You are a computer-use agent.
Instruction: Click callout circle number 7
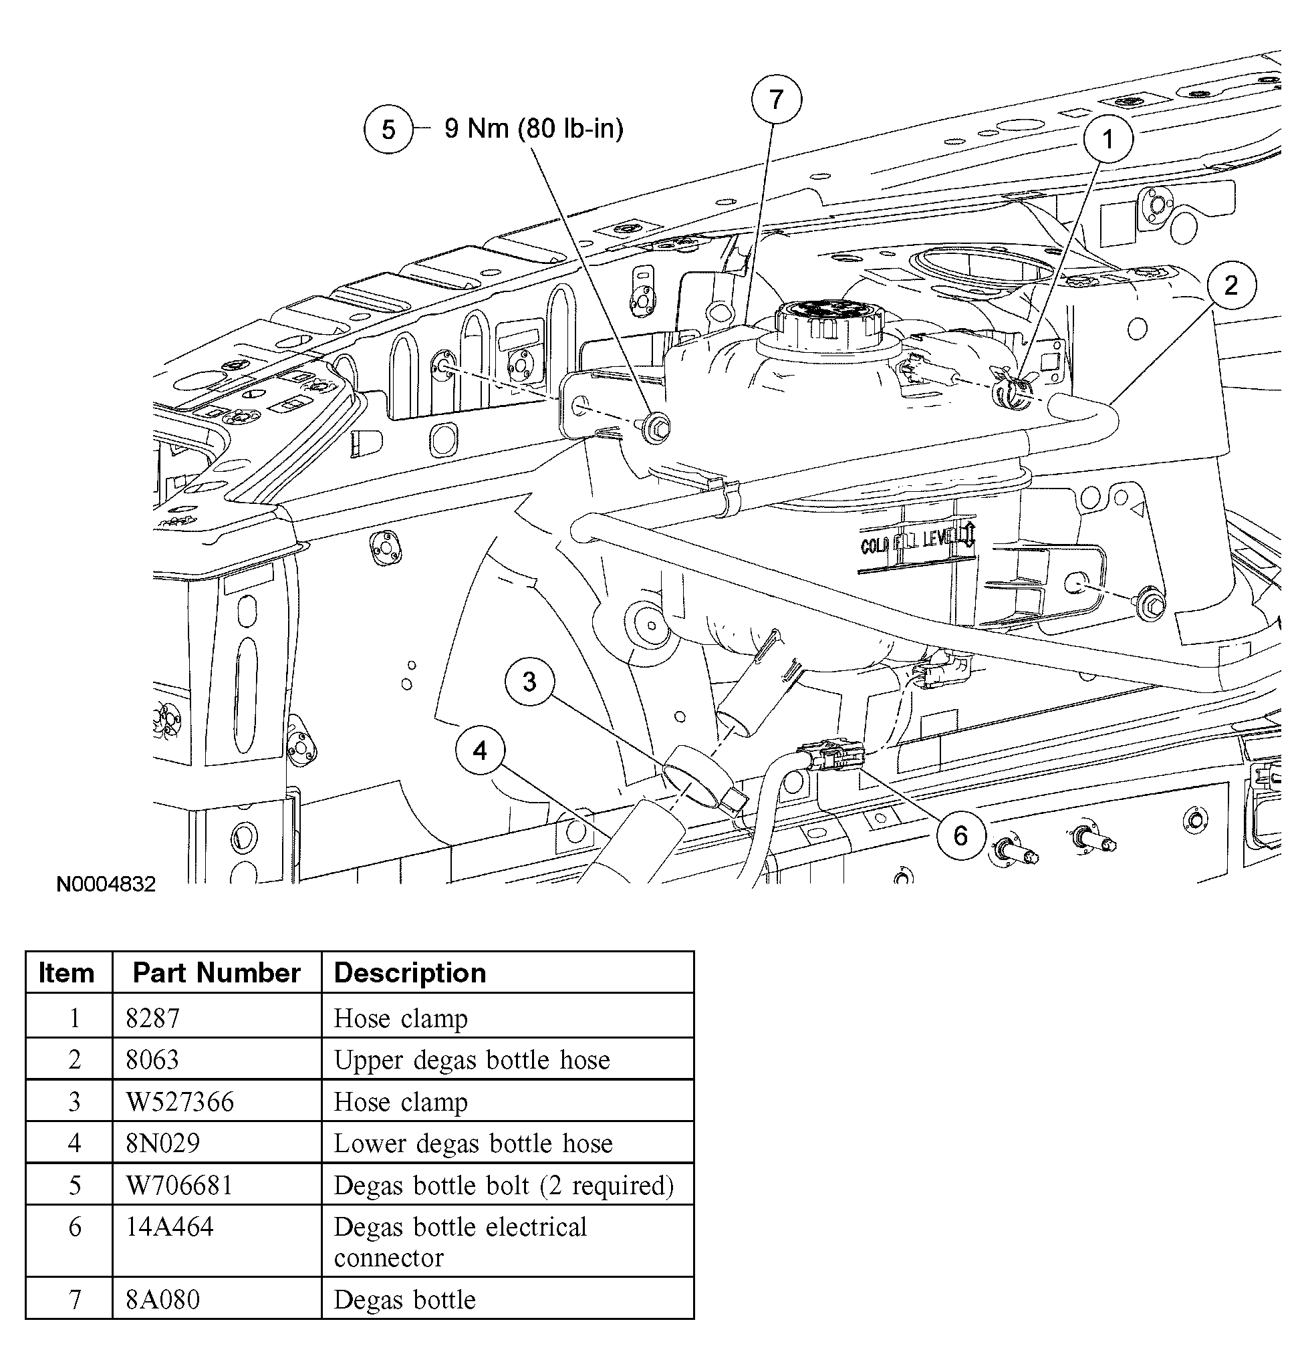[776, 100]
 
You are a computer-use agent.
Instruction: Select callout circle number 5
[388, 129]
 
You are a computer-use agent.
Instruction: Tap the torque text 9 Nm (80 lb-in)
[534, 128]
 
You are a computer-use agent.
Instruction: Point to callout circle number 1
[1107, 138]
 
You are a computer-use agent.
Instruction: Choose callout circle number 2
[1231, 285]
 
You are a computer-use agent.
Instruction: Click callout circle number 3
[530, 682]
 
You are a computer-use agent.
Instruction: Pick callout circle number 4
[480, 750]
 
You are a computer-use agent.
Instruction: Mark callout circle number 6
[960, 835]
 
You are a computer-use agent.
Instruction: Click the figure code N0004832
[106, 884]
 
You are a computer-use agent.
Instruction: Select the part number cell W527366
[180, 1102]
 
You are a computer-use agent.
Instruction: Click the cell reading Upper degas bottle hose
[471, 1059]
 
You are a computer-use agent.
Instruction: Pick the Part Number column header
[216, 972]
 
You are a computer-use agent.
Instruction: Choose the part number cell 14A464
[169, 1226]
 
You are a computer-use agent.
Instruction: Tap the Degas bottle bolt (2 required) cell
[503, 1186]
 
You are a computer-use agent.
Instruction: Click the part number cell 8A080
[162, 1300]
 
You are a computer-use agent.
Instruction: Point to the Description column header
[409, 972]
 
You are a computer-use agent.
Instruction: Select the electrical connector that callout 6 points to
[835, 757]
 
